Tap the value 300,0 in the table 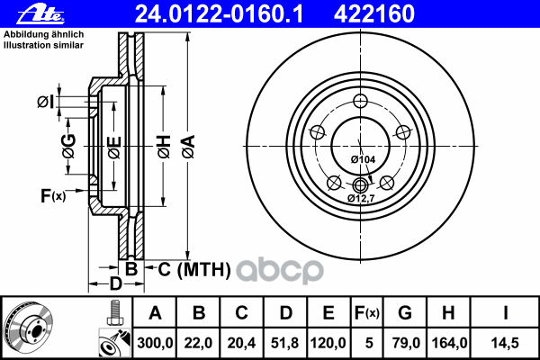[154, 343]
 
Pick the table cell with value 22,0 [200, 343]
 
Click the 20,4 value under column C [243, 343]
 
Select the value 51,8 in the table [285, 343]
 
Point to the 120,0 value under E [328, 343]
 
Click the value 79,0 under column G [406, 343]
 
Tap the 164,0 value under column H [451, 343]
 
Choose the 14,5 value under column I [505, 343]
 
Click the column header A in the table [154, 314]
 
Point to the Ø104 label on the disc [363, 159]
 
